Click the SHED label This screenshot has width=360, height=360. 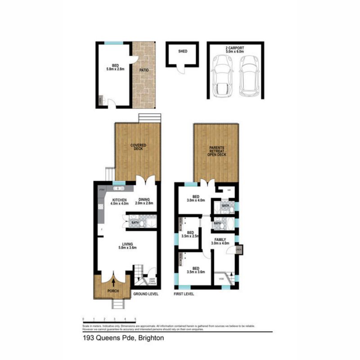(182, 51)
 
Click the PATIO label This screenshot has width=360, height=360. (144, 71)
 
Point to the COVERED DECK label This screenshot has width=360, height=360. (138, 147)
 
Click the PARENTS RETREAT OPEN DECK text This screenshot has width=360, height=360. (216, 152)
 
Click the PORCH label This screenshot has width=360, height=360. (112, 292)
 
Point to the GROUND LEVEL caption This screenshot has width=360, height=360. (145, 294)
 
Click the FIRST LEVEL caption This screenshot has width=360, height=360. (184, 294)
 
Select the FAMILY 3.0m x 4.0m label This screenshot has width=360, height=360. (220, 242)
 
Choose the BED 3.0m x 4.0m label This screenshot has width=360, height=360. (196, 198)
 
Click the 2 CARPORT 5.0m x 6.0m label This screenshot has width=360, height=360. (235, 49)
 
